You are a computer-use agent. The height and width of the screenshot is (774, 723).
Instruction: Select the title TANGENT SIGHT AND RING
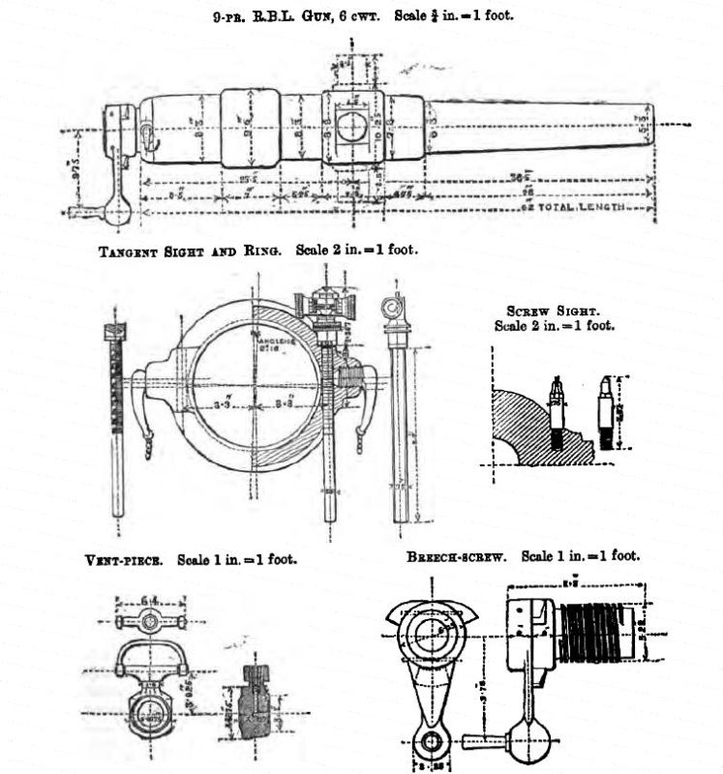tap(191, 251)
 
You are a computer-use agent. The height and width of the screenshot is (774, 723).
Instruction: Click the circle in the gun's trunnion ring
tap(352, 126)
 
